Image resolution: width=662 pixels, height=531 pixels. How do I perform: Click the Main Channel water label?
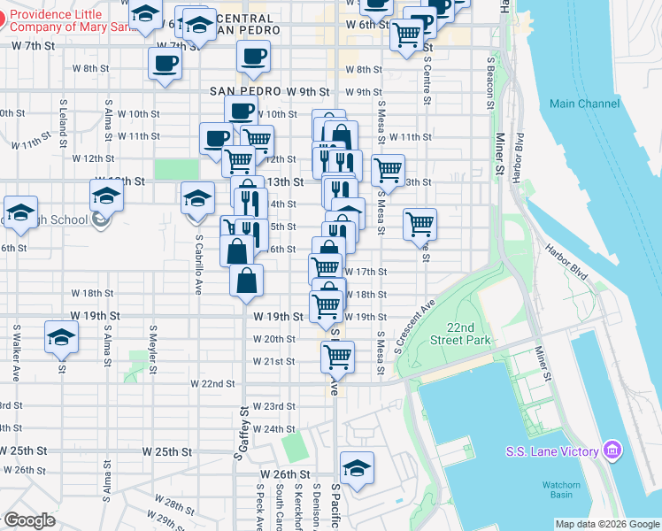584,104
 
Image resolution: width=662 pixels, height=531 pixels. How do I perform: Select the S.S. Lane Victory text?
552,451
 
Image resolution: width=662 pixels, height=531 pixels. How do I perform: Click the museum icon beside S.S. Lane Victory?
612,451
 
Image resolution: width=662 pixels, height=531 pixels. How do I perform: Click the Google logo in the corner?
28,520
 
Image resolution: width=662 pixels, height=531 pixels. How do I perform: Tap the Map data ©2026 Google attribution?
607,525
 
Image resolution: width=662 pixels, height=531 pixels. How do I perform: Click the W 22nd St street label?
213,383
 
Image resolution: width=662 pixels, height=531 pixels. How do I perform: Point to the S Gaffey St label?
239,434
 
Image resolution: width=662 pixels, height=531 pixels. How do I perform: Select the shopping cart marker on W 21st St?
336,357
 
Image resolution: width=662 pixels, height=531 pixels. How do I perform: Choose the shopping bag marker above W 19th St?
247,281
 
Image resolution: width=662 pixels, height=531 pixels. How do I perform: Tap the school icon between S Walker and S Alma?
61,338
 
